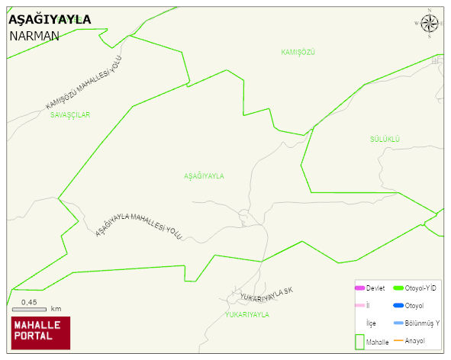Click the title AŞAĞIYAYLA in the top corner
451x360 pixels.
click(49, 19)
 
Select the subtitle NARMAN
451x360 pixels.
click(34, 36)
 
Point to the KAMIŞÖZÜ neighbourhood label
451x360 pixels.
click(298, 51)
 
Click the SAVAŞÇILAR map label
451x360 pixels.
click(70, 115)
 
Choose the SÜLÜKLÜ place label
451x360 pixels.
click(385, 139)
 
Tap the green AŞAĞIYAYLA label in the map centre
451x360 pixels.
click(204, 176)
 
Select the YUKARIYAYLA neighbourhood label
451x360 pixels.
click(246, 314)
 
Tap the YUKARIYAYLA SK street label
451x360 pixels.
click(266, 294)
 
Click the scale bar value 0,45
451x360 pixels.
click(29, 302)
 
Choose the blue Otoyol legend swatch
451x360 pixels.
click(398, 306)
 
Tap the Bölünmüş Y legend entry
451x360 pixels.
click(421, 323)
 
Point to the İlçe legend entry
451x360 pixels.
click(371, 323)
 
